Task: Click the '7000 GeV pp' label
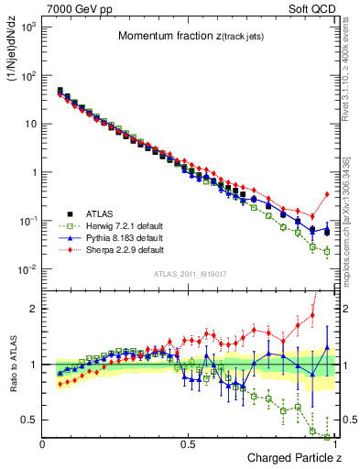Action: [x=74, y=7]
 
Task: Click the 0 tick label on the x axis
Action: [x=43, y=443]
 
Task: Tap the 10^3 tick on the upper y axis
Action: [x=31, y=27]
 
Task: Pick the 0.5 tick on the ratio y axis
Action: [x=31, y=420]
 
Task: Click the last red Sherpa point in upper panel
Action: [x=327, y=194]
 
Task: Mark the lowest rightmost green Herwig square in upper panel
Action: [x=327, y=252]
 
